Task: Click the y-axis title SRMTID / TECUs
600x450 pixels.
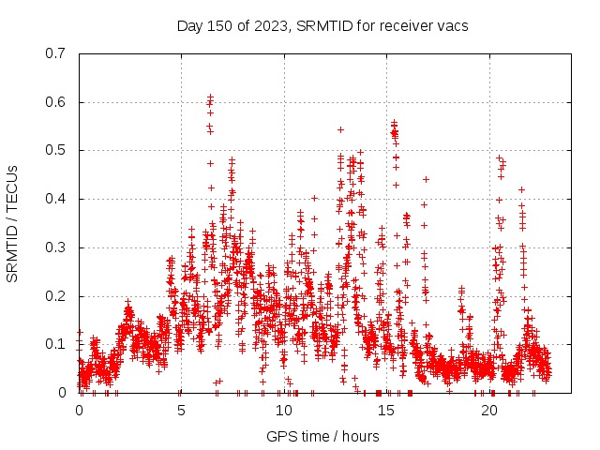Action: coord(13,223)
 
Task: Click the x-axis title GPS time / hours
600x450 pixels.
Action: coord(322,436)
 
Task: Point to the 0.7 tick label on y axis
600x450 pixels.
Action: coord(56,53)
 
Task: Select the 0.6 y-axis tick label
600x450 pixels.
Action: coord(56,102)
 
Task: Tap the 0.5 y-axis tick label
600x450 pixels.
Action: coord(56,150)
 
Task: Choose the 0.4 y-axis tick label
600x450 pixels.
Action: coord(56,199)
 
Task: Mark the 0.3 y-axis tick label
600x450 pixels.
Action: coord(56,247)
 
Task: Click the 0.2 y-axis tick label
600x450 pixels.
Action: coord(56,296)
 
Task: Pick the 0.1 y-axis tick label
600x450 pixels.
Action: coord(56,344)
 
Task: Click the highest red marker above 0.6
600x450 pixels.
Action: coord(211,96)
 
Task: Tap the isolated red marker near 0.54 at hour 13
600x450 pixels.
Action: coord(340,129)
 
